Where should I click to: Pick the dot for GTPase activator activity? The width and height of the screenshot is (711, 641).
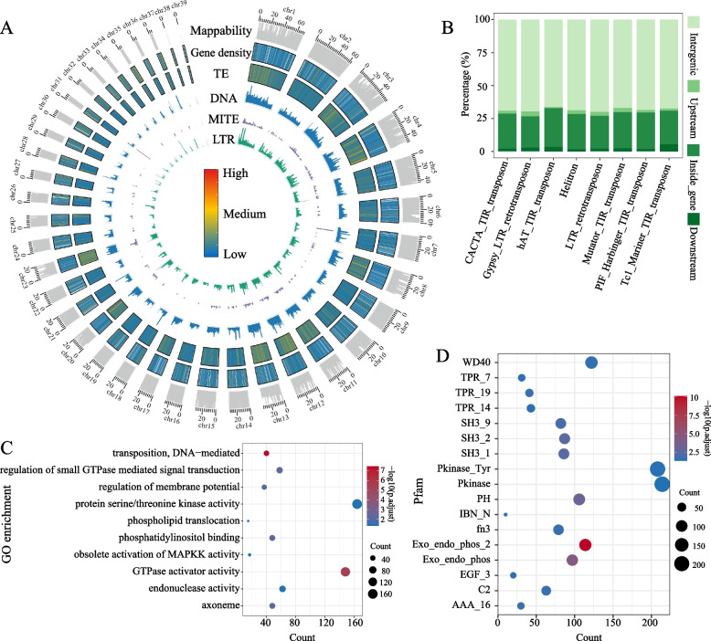pos(345,546)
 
